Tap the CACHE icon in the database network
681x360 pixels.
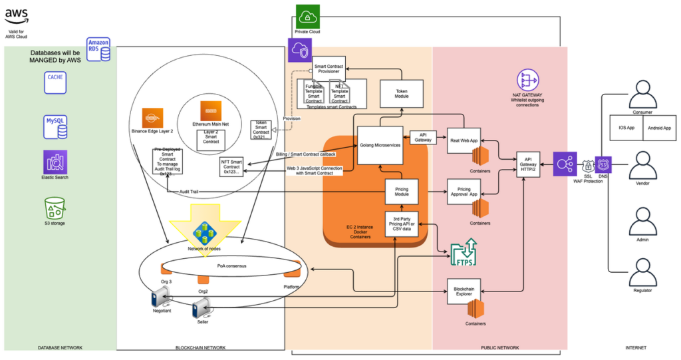tap(55, 81)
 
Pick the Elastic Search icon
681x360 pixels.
tap(55, 162)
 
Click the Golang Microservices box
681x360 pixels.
tap(380, 146)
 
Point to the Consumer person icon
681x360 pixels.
tap(642, 94)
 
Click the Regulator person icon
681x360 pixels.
tap(642, 273)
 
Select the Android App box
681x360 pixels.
tap(660, 127)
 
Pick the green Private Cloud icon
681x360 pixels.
tap(308, 17)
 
